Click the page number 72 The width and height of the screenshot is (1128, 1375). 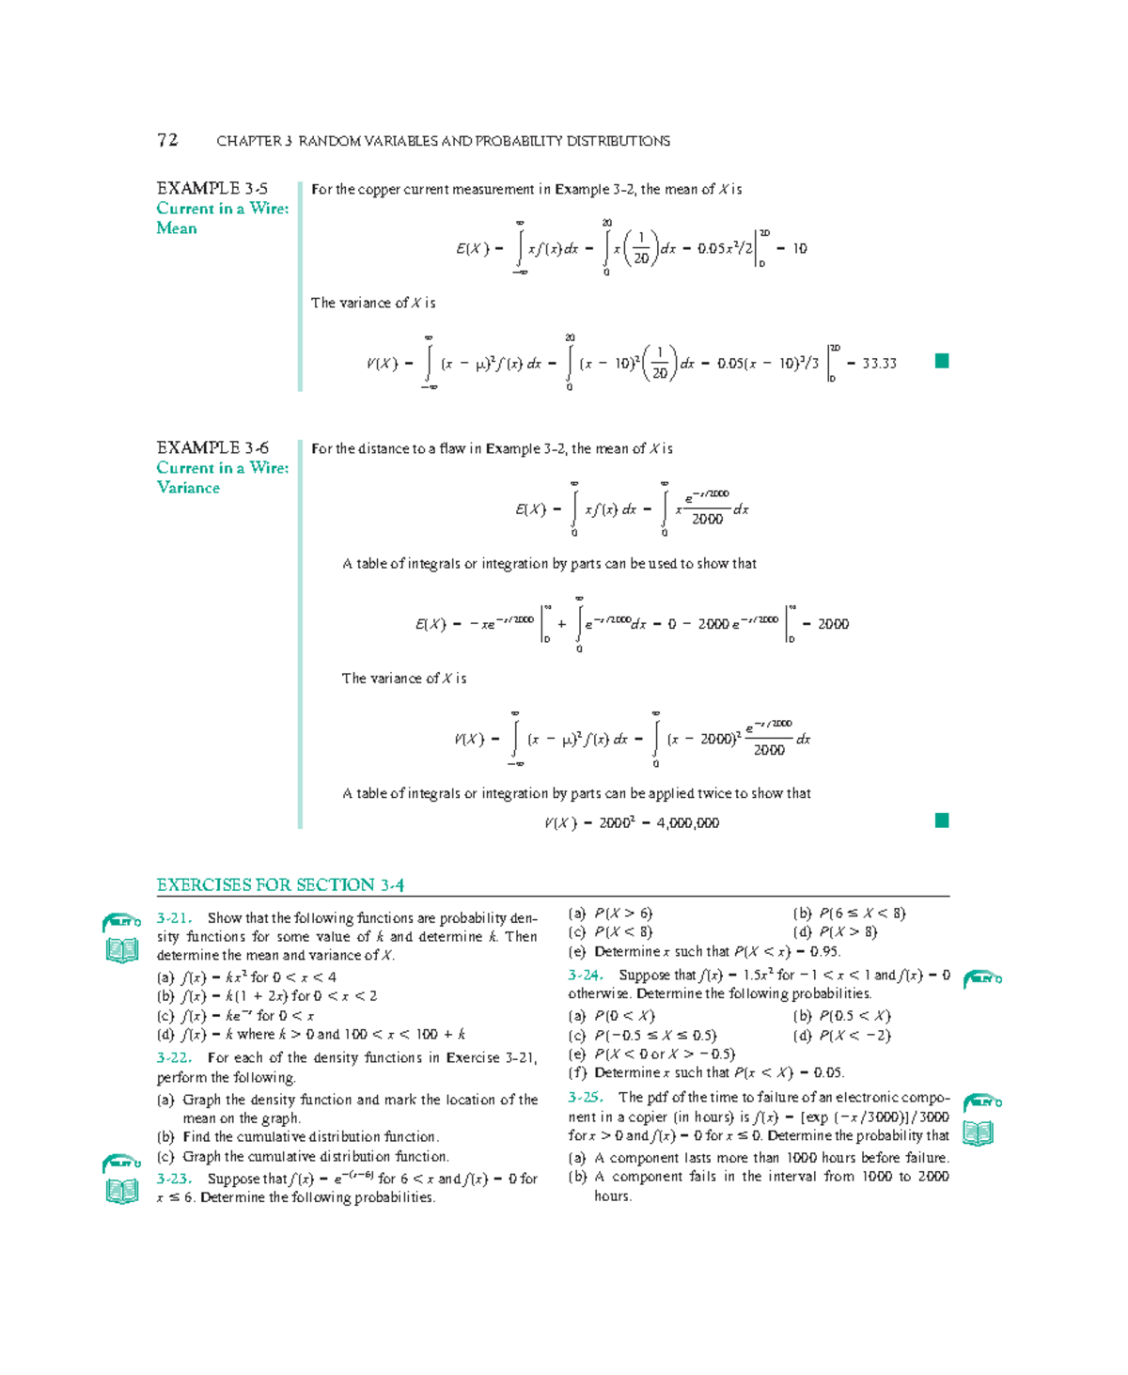click(x=167, y=140)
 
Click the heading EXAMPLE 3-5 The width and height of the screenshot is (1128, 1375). click(x=211, y=188)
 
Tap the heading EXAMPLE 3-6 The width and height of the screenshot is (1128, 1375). click(x=211, y=447)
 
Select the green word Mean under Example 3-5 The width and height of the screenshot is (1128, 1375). click(x=177, y=228)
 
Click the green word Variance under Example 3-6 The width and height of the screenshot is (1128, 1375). click(x=188, y=488)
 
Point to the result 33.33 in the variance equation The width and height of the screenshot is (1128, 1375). click(x=879, y=364)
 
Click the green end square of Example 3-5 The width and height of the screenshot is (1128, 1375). click(x=942, y=361)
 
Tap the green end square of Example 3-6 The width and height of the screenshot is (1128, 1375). click(x=942, y=820)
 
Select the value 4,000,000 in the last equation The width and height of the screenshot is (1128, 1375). click(x=688, y=823)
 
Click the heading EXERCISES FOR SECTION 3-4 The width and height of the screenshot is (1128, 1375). click(x=280, y=884)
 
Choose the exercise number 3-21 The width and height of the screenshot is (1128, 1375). click(x=174, y=918)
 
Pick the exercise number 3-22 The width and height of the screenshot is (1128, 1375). click(x=174, y=1057)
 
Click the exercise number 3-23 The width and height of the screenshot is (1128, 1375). click(x=174, y=1179)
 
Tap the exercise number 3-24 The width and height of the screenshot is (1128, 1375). click(x=586, y=975)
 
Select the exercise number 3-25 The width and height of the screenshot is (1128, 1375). click(x=586, y=1097)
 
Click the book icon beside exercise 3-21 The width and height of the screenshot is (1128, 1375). click(x=122, y=950)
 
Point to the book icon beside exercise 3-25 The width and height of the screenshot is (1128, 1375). click(x=979, y=1133)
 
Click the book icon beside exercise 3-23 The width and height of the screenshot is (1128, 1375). click(x=122, y=1191)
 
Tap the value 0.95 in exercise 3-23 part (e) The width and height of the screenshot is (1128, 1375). click(x=824, y=951)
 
